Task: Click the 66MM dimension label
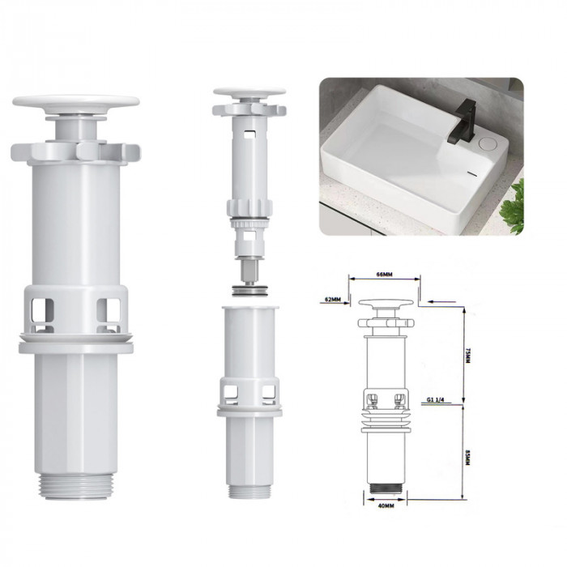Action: (384, 275)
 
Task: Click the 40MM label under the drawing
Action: (386, 507)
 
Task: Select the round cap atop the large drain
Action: (76, 104)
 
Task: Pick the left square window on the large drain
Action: (43, 315)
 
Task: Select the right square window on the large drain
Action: (108, 315)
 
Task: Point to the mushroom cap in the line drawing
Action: (386, 305)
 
